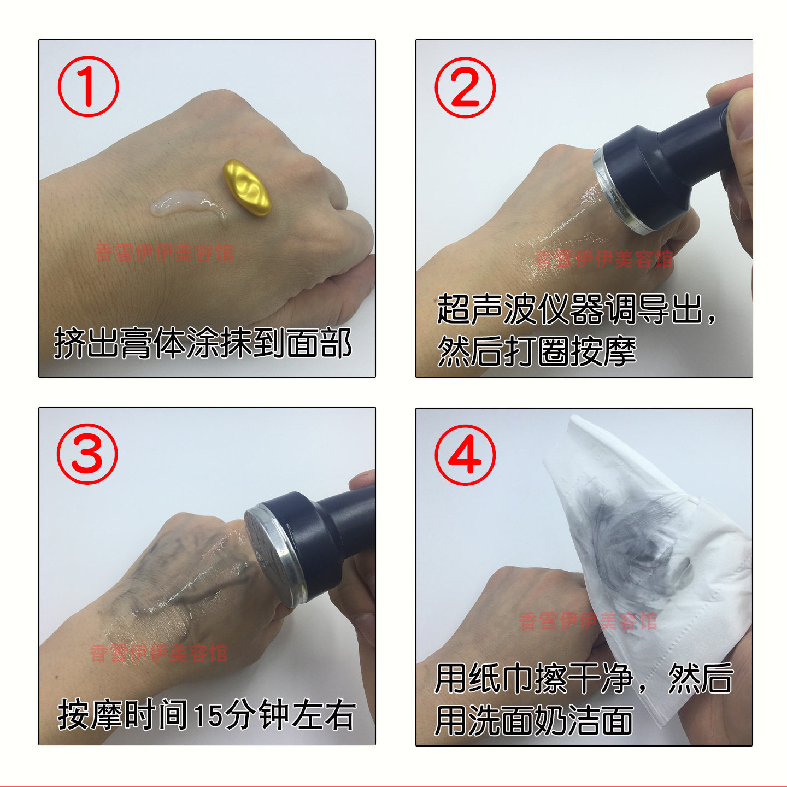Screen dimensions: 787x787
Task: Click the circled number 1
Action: click(x=88, y=87)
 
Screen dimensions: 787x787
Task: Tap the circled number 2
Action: click(x=465, y=87)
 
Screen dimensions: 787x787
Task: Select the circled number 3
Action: click(x=87, y=454)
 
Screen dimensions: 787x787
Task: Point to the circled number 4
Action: click(x=465, y=455)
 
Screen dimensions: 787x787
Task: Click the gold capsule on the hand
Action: click(x=247, y=187)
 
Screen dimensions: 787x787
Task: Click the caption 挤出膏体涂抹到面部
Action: click(x=202, y=343)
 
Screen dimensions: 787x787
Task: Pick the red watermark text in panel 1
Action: click(x=165, y=252)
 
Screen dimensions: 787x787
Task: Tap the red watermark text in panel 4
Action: click(x=588, y=621)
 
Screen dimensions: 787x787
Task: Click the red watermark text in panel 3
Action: click(x=158, y=653)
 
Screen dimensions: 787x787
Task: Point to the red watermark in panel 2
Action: click(x=603, y=259)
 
